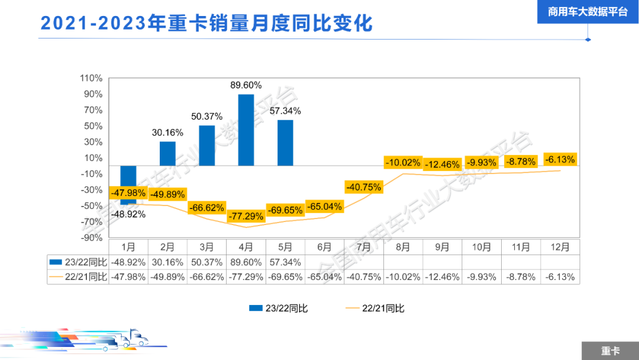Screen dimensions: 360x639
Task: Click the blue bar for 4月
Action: click(246, 130)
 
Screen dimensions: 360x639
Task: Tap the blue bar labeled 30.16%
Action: click(167, 153)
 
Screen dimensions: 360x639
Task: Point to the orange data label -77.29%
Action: click(246, 216)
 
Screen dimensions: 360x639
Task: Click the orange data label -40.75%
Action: click(363, 187)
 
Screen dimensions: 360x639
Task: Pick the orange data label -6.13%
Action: click(559, 159)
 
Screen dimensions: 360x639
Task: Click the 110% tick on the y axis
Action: click(92, 78)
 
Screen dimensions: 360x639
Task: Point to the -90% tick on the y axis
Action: click(92, 237)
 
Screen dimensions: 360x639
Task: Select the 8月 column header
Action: click(403, 247)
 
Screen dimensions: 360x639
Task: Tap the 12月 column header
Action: click(560, 247)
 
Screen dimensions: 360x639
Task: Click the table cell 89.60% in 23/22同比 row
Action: click(246, 262)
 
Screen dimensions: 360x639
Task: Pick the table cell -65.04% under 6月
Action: click(324, 277)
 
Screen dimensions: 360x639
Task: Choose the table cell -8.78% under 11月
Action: click(521, 277)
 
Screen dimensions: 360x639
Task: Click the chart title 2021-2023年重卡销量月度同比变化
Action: click(206, 23)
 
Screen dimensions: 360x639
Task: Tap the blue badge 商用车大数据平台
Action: click(588, 11)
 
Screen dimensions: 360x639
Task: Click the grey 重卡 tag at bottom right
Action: click(610, 351)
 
